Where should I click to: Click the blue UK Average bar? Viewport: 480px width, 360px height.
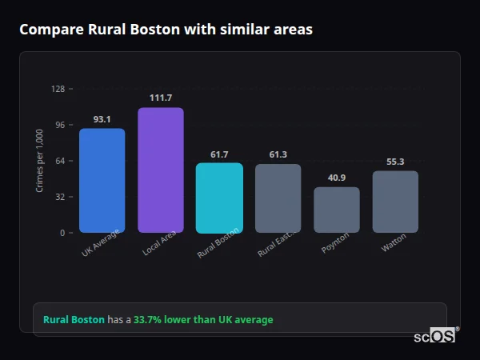pos(102,180)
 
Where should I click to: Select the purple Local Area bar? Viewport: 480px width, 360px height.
pos(161,170)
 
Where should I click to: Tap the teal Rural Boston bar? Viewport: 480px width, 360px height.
pos(219,198)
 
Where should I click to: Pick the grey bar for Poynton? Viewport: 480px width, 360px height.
pos(337,210)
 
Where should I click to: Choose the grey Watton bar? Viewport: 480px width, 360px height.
pos(395,202)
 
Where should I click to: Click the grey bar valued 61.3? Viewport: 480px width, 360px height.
pos(278,198)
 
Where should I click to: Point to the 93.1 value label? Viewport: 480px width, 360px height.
pos(102,119)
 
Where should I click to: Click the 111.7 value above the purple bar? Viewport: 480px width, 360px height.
pos(161,98)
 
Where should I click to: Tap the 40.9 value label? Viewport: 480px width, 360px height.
pos(337,178)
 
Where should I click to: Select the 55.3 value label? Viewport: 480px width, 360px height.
pos(395,162)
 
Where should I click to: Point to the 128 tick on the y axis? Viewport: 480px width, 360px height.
pos(58,89)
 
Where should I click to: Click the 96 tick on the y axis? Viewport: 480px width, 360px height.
pos(59,125)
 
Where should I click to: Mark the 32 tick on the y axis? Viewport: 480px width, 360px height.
pos(59,197)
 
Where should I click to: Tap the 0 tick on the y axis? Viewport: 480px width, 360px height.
pos(62,233)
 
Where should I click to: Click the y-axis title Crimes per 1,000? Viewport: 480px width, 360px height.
pos(40,161)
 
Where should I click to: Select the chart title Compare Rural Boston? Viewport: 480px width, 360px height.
pos(166,30)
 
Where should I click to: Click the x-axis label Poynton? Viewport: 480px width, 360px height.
pos(335,242)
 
